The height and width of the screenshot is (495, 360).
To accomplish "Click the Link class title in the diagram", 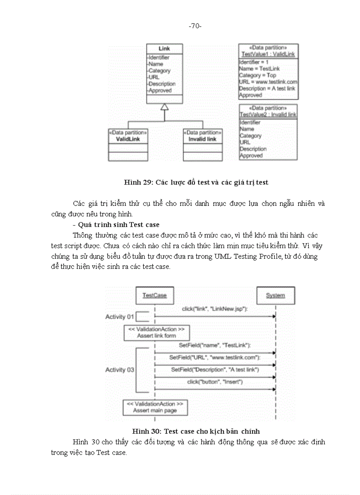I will pos(164,49).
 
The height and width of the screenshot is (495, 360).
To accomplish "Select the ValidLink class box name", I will pos(127,139).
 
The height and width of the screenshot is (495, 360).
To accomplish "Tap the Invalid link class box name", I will pos(202,139).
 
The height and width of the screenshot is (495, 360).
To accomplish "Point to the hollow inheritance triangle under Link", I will pos(164,107).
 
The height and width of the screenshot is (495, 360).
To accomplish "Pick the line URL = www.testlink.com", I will pos(268,82).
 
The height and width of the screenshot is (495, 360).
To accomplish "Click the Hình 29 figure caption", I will pos(196,182).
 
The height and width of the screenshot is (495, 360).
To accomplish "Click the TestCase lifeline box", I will pos(154,295).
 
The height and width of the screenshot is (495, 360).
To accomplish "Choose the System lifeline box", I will pos(275,295).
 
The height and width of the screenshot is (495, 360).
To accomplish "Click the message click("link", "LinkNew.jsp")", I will pos(214,309).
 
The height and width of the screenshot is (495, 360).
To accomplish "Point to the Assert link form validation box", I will pos(157,332).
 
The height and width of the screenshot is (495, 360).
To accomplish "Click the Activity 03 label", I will pos(120,370).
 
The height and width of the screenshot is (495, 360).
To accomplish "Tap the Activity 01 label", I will pos(120,317).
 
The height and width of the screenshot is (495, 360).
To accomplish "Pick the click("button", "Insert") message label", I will pos(215,382).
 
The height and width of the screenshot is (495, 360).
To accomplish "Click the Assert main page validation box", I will pos(155,407).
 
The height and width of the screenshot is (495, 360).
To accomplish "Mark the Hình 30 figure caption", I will pos(196,431).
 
